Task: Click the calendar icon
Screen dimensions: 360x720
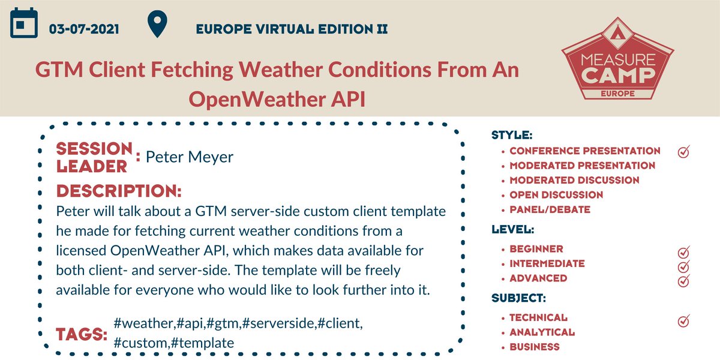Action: coord(25,25)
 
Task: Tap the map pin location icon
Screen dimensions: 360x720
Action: coord(157,25)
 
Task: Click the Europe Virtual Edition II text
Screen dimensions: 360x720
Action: coord(292,28)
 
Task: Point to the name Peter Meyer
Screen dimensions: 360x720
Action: coord(190,157)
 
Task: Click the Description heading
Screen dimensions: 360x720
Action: coord(119,192)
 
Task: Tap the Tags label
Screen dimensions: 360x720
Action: coord(82,335)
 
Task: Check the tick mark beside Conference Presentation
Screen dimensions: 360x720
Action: coord(683,152)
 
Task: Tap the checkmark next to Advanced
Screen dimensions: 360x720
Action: coord(683,281)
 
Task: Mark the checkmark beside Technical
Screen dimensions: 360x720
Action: coord(683,320)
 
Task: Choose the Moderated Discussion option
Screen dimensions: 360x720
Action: coord(574,180)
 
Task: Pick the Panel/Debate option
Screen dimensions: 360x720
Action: coord(550,209)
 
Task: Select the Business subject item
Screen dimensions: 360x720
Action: coord(534,347)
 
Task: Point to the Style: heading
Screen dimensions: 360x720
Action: coord(512,135)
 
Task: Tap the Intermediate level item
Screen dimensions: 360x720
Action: coord(547,263)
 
